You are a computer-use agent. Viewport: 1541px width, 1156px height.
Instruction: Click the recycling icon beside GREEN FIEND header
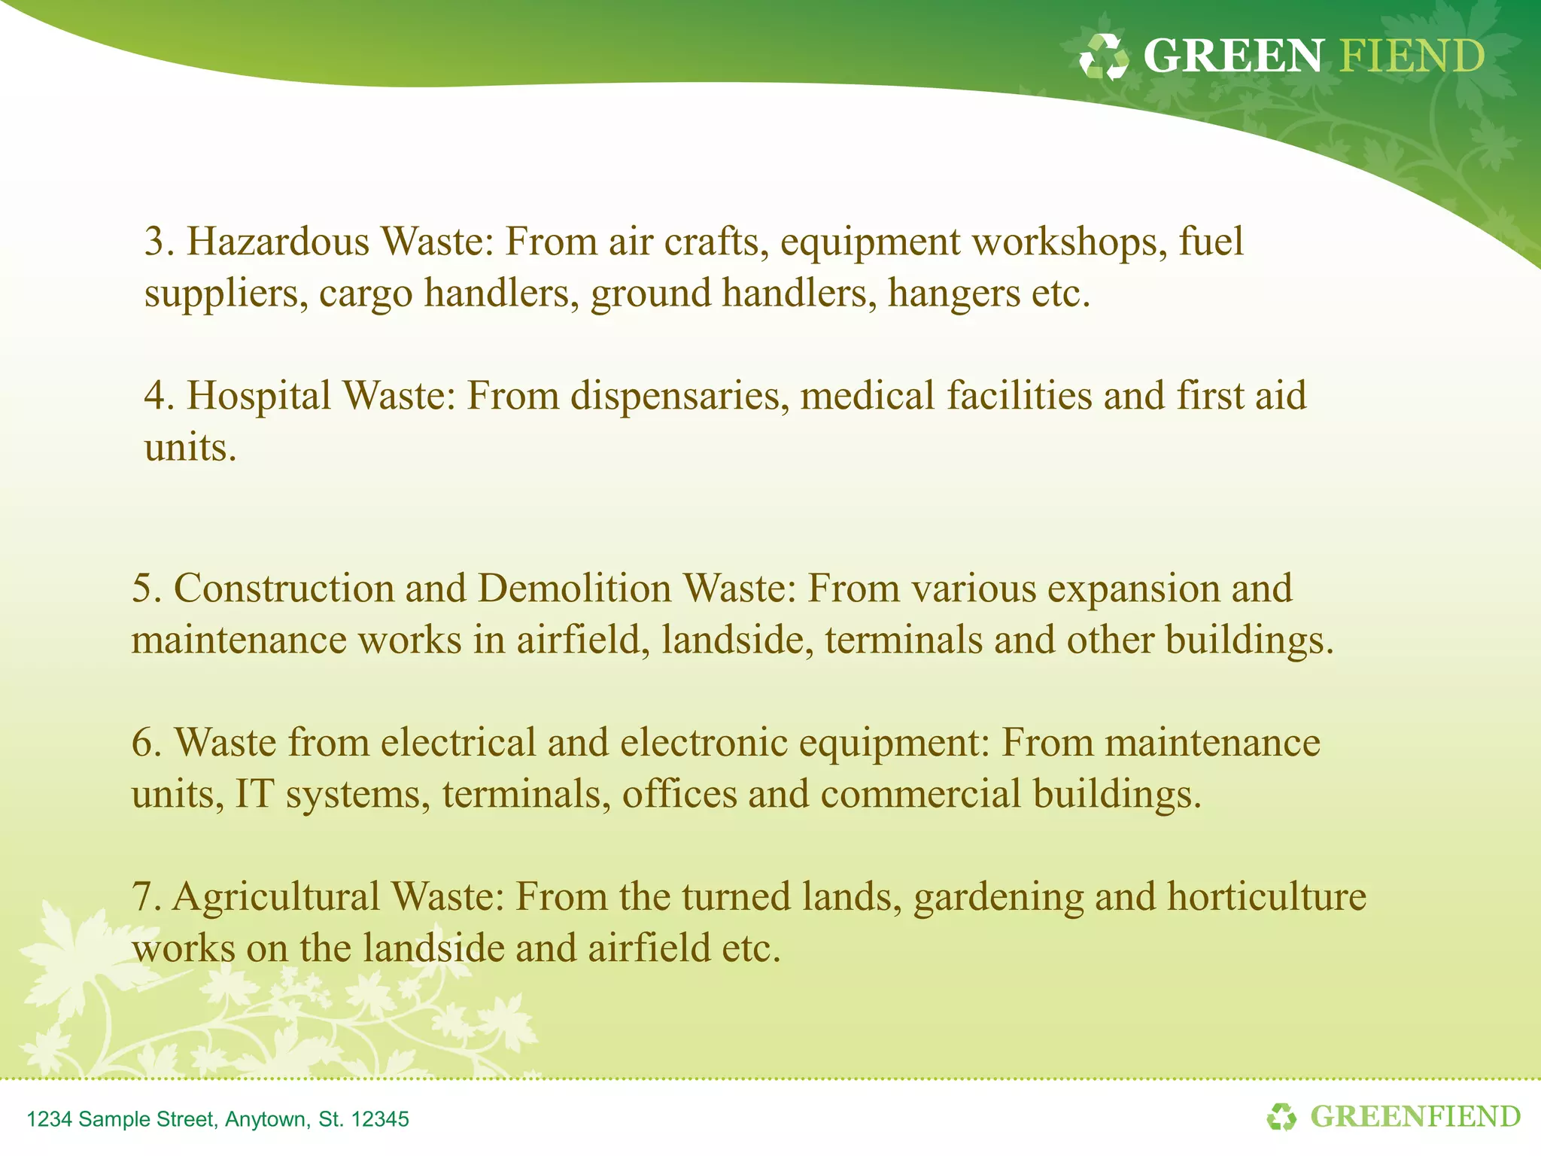click(x=1103, y=57)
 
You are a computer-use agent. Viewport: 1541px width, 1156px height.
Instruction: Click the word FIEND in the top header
click(x=1412, y=56)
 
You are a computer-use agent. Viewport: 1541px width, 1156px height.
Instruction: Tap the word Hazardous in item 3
click(x=278, y=242)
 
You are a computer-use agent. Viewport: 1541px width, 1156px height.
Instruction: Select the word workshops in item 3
click(x=1065, y=242)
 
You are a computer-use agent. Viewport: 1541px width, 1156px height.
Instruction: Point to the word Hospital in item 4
click(x=259, y=397)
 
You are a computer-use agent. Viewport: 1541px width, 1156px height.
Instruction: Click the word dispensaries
click(x=679, y=397)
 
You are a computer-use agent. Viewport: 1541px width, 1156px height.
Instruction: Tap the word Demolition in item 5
click(x=575, y=589)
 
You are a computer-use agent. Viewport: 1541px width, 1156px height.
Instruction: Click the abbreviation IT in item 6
click(x=254, y=795)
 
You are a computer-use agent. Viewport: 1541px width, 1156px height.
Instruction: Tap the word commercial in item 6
click(x=920, y=795)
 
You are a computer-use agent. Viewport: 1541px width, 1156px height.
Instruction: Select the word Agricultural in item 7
click(x=276, y=898)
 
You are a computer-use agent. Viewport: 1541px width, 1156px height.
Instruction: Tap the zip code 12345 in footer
click(x=380, y=1119)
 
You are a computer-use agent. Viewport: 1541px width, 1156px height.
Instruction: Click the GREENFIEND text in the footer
click(x=1415, y=1117)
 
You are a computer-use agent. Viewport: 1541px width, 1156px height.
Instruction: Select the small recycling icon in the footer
click(x=1281, y=1117)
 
